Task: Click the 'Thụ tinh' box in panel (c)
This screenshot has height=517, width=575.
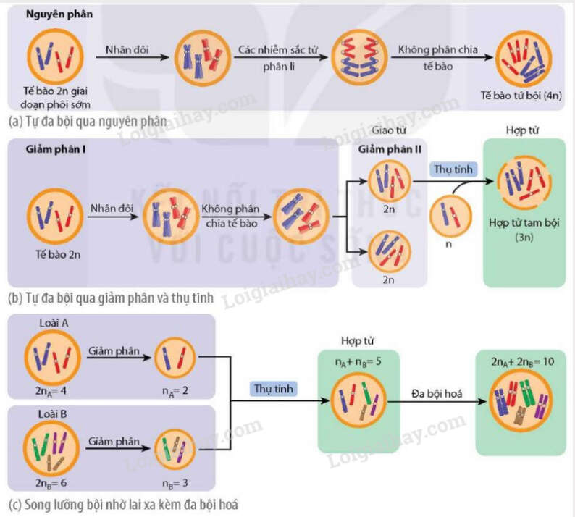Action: (x=274, y=388)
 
